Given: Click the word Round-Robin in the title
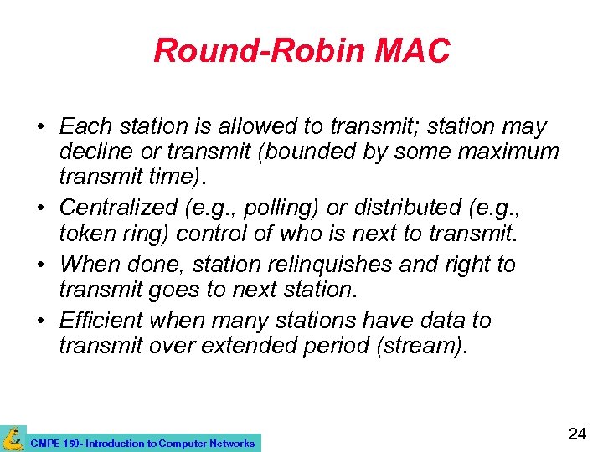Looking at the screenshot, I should coord(249,51).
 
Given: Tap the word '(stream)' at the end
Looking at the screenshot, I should coord(423,345).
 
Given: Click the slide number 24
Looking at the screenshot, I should coord(576,434).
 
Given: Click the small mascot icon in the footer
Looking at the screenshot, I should coord(13,438).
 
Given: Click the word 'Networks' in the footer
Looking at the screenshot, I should coord(231,443).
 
